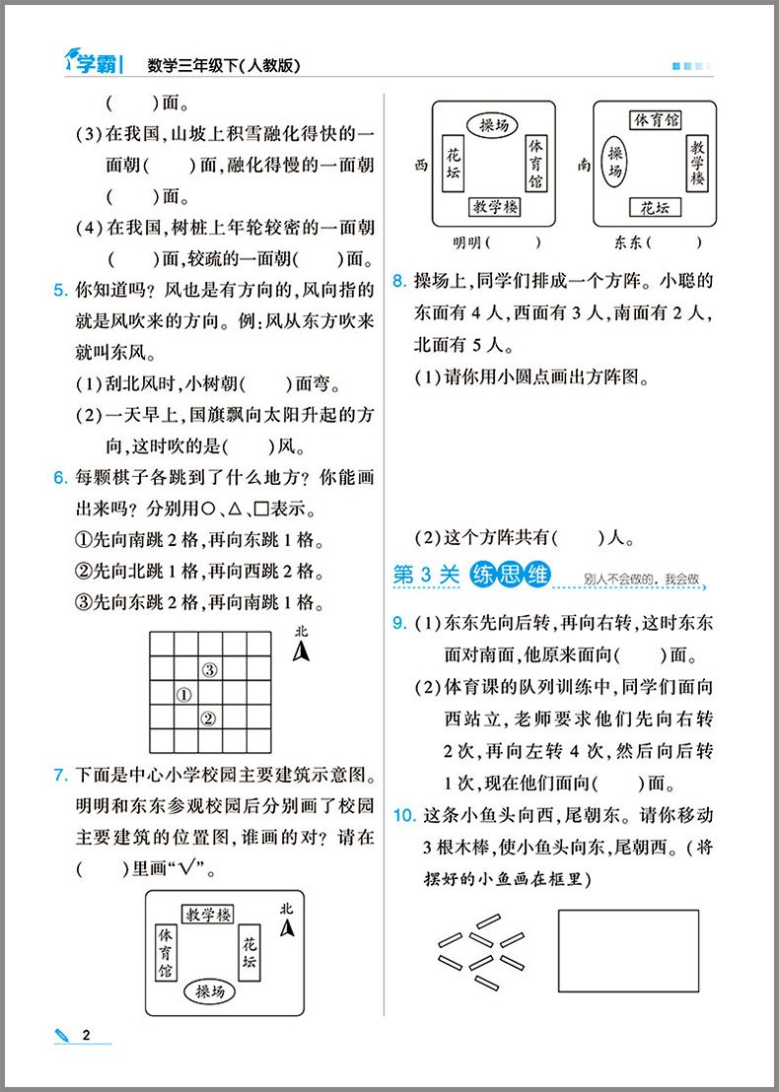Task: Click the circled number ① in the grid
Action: [x=183, y=695]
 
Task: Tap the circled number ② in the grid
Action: [x=208, y=718]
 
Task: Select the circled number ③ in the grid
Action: [x=208, y=670]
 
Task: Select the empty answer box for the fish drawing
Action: [x=628, y=950]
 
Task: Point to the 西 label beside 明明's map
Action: [x=420, y=167]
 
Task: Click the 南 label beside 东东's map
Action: [x=584, y=167]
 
